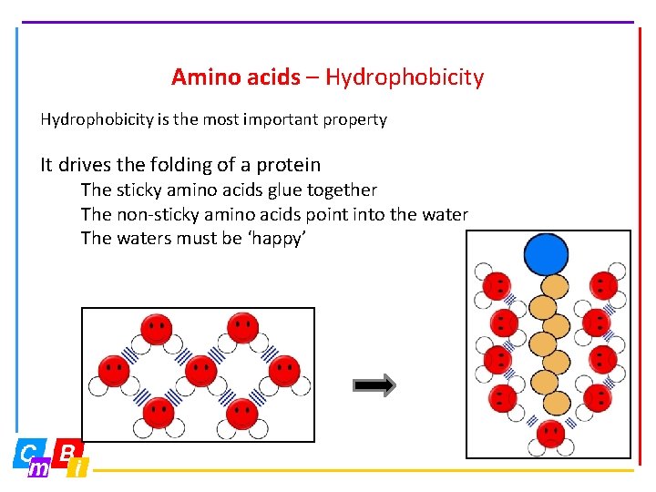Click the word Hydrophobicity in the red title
point(404,77)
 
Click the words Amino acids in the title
point(235,77)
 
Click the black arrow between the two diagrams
point(374,385)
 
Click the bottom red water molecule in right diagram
point(550,433)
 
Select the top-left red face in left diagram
point(157,328)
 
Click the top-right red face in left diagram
point(241,327)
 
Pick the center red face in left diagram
point(200,370)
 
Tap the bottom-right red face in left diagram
point(241,413)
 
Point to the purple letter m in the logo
point(38,469)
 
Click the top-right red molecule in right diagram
point(601,283)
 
